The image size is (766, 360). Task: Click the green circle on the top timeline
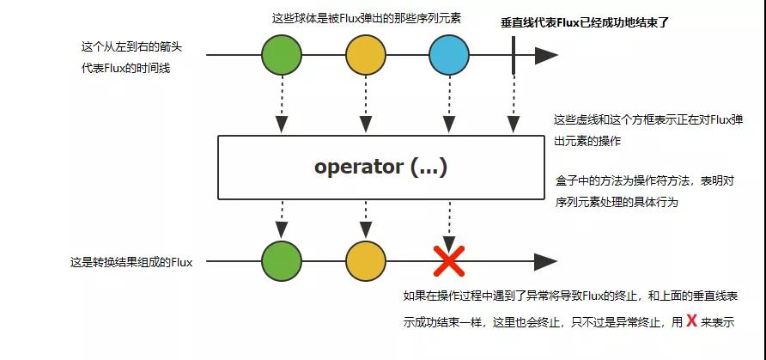coord(282,56)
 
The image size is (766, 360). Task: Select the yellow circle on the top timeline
coord(366,56)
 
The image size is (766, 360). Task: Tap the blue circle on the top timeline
coord(449,56)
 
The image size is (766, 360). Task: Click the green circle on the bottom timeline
coord(282,261)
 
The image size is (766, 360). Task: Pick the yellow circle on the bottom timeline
coord(366,261)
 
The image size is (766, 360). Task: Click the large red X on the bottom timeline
coord(449,261)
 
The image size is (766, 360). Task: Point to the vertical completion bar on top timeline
coord(513,56)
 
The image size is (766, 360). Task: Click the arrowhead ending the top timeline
coord(546,56)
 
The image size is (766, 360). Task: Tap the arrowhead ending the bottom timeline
coord(546,261)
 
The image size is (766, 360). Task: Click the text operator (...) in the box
coord(380,167)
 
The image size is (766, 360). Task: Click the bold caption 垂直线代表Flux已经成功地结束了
coord(584,22)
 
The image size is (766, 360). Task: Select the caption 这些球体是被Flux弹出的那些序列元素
coord(367,18)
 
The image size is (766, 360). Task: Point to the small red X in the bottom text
coord(690,322)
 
